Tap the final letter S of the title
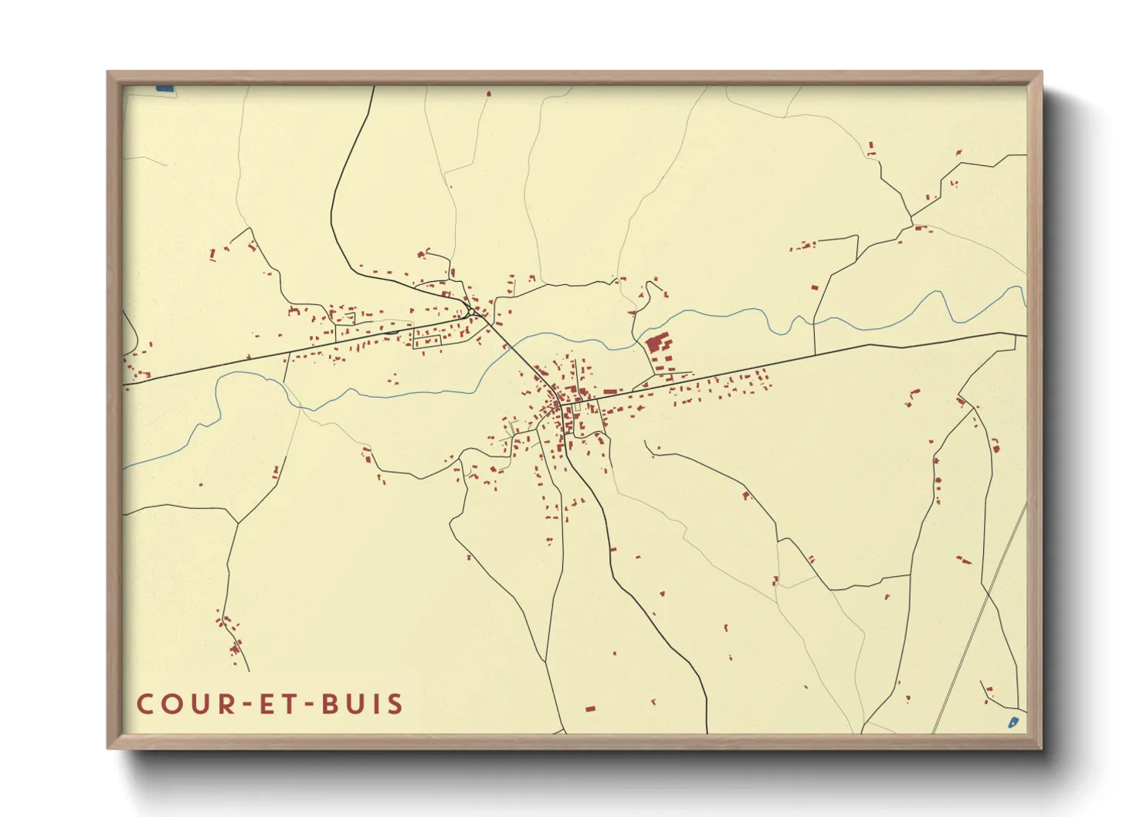pos(395,703)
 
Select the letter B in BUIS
pos(333,703)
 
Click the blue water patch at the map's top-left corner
pos(164,89)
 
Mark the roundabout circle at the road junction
pos(470,311)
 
